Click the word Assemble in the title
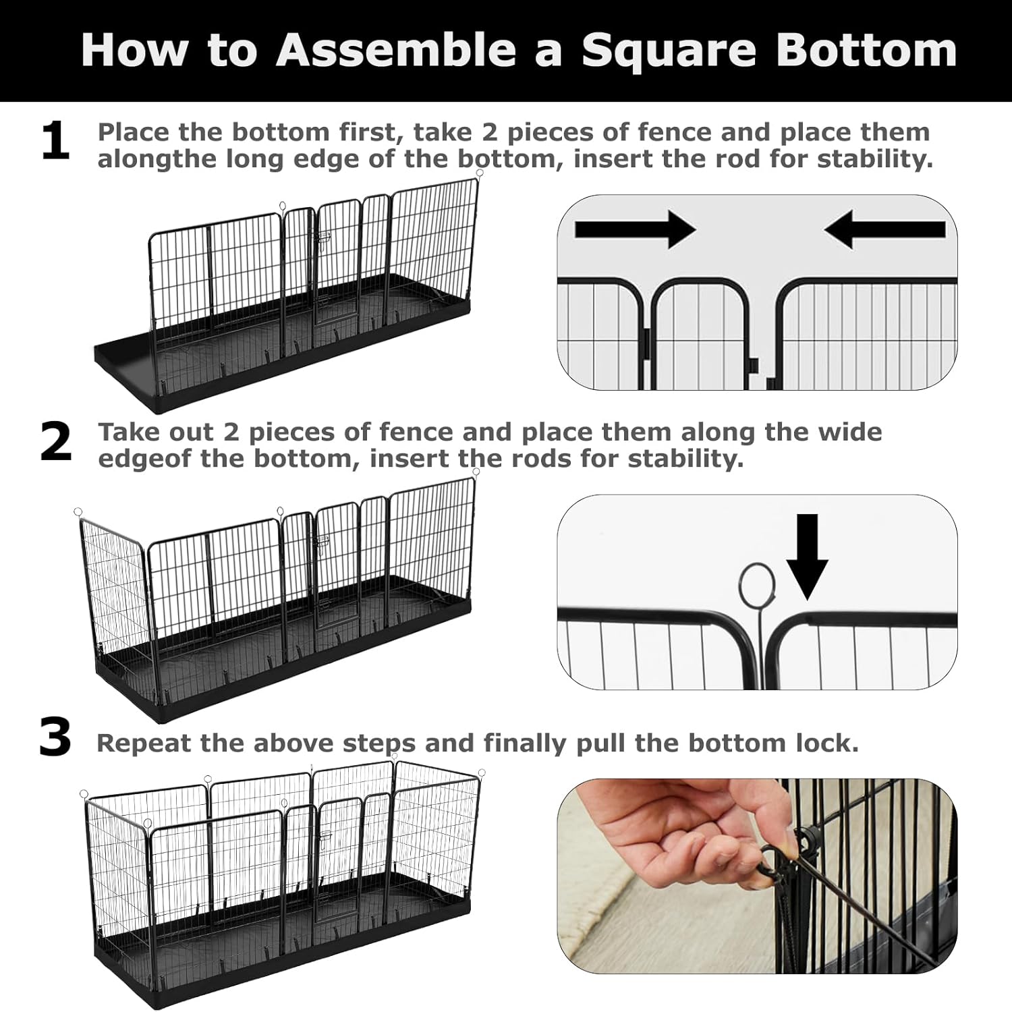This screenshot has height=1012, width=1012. pos(397,50)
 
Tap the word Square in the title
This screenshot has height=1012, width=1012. pos(669,50)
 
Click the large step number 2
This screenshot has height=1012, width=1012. pos(55,443)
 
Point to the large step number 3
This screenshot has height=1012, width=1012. pos(55,738)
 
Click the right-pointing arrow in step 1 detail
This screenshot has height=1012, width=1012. pos(634,229)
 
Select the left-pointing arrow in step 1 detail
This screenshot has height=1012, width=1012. pos(884,229)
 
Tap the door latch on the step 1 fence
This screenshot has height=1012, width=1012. pos(322,237)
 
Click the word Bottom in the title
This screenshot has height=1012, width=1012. pos(866,50)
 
